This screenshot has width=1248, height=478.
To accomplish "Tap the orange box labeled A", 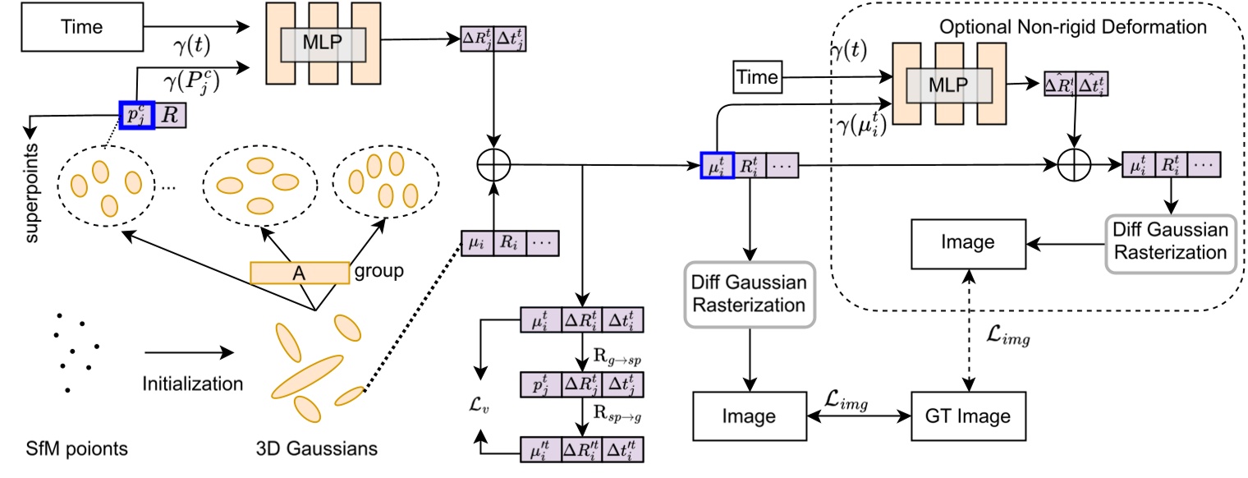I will [299, 272].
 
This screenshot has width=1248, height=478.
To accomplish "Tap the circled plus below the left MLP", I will [493, 165].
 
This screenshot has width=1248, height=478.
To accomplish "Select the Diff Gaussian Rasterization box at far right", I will [1171, 241].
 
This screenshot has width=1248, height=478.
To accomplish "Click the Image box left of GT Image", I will [750, 416].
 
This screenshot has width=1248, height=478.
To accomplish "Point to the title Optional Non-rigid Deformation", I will [1073, 27].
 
